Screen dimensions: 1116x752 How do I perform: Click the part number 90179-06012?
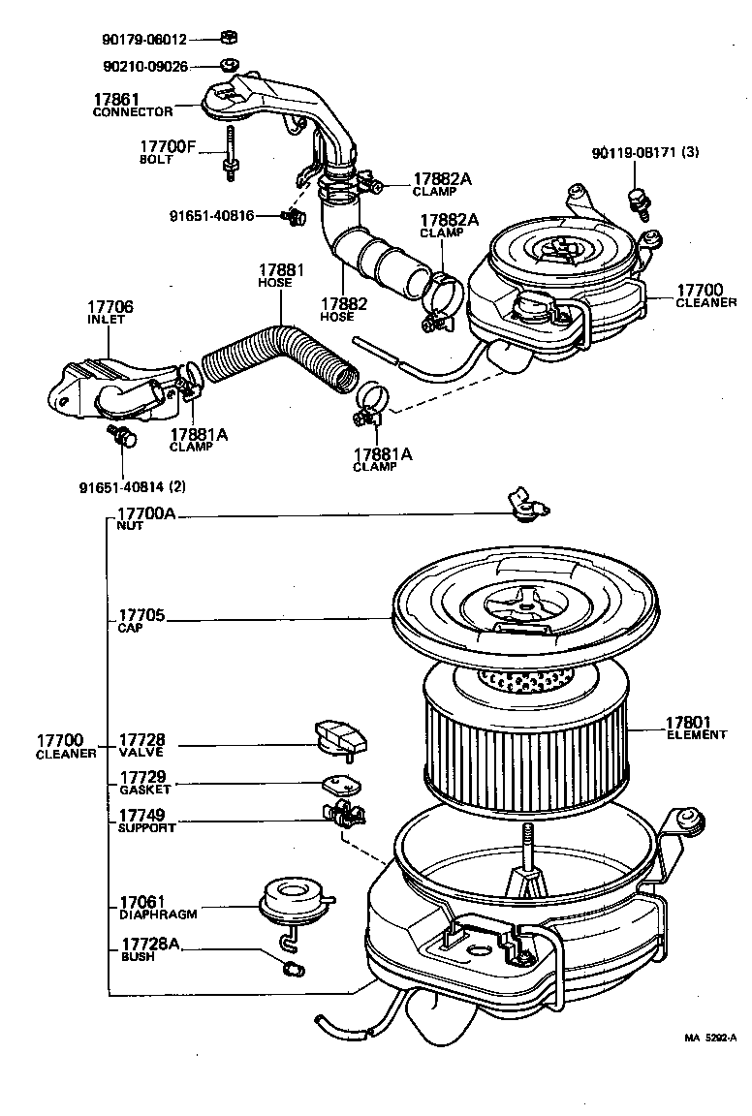point(144,40)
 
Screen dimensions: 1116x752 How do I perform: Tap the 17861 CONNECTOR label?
point(133,105)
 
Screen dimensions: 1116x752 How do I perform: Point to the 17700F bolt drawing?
point(231,153)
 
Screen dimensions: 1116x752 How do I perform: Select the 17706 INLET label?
point(110,313)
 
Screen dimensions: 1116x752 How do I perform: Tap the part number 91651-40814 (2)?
point(133,485)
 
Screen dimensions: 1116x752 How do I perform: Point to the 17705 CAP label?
point(141,621)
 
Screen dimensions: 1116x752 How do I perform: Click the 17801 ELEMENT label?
point(696,728)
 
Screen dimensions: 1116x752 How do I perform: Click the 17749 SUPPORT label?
point(146,822)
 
